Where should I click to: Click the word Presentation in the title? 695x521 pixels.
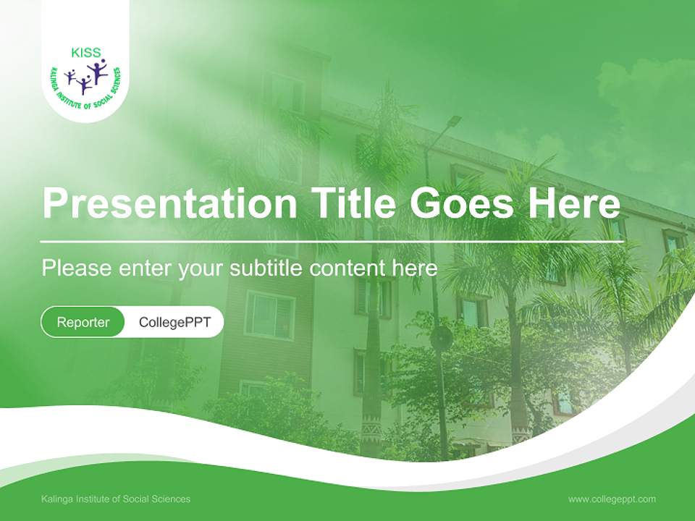[x=169, y=202]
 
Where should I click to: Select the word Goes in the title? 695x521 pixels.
[x=461, y=203]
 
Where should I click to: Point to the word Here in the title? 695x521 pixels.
[x=574, y=202]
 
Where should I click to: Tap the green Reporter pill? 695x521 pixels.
[x=83, y=322]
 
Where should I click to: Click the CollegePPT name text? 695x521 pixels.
[x=174, y=322]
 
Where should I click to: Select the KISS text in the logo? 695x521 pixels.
[x=86, y=53]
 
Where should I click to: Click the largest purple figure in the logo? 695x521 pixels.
[x=97, y=71]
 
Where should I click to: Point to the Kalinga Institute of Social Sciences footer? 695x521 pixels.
[x=116, y=499]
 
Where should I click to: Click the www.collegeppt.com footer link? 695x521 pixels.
[x=612, y=499]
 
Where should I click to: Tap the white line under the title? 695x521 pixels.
[x=332, y=242]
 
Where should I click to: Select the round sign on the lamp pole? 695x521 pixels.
[x=441, y=338]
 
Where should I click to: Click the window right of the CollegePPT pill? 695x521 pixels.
[x=270, y=315]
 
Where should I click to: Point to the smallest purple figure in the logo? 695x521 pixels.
[x=69, y=77]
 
